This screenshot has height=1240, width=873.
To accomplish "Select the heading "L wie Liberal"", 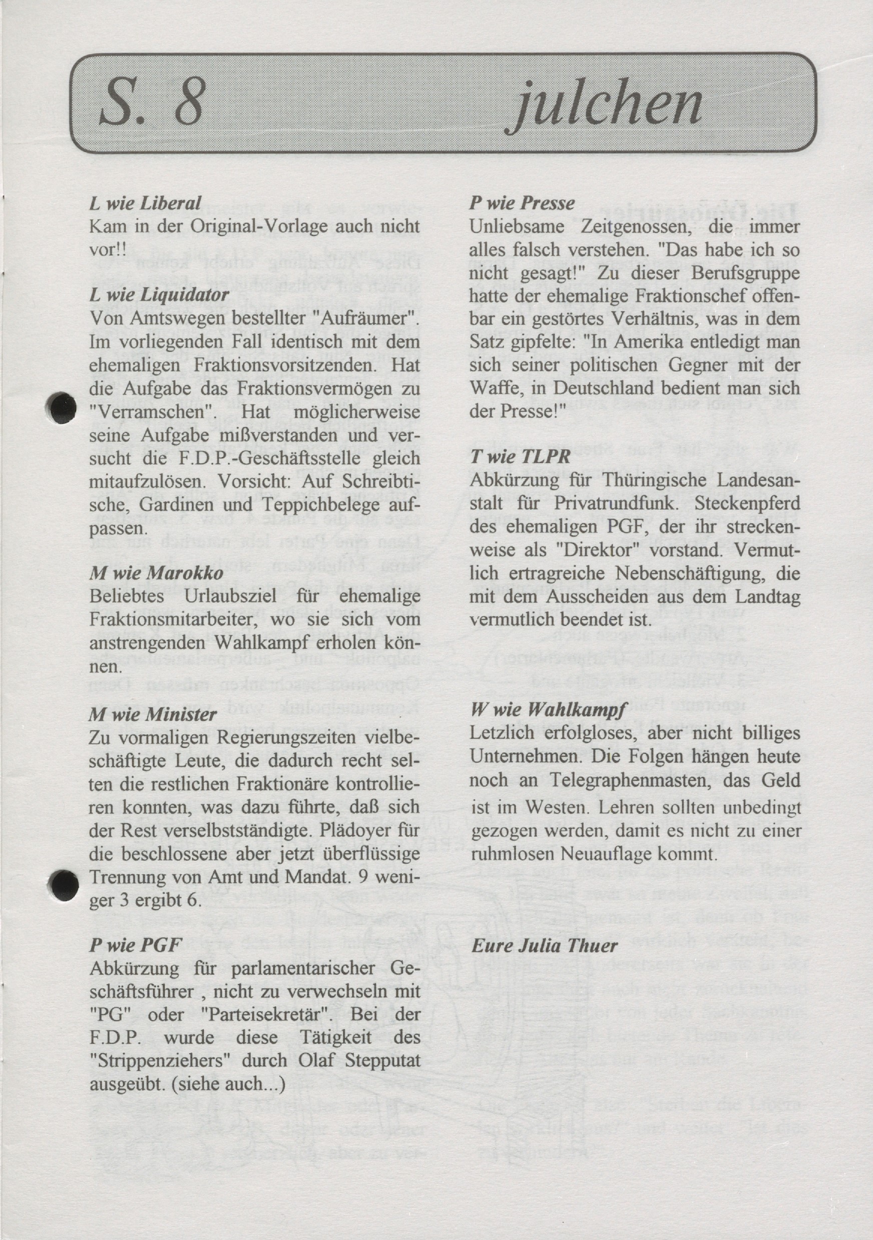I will [x=145, y=203].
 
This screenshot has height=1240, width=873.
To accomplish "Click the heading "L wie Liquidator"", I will [x=159, y=295].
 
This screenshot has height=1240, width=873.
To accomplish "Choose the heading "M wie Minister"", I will [x=153, y=715].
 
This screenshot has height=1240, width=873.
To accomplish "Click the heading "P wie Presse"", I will [x=522, y=203].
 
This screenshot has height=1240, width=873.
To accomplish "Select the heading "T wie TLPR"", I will [x=520, y=456].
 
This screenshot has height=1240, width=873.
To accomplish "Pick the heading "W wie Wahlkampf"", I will [x=544, y=710].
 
